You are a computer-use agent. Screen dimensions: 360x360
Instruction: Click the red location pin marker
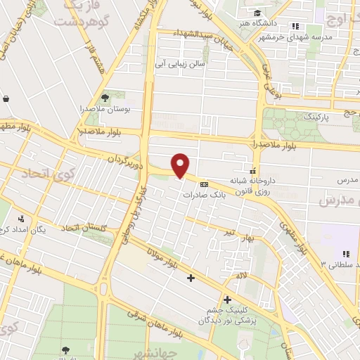[181, 166]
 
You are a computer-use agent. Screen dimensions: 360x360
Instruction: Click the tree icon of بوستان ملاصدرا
[105, 98]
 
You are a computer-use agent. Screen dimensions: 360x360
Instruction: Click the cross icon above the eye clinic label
[226, 300]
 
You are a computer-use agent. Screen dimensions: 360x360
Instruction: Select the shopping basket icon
[6, 99]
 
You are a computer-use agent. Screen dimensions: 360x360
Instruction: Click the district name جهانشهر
[167, 349]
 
